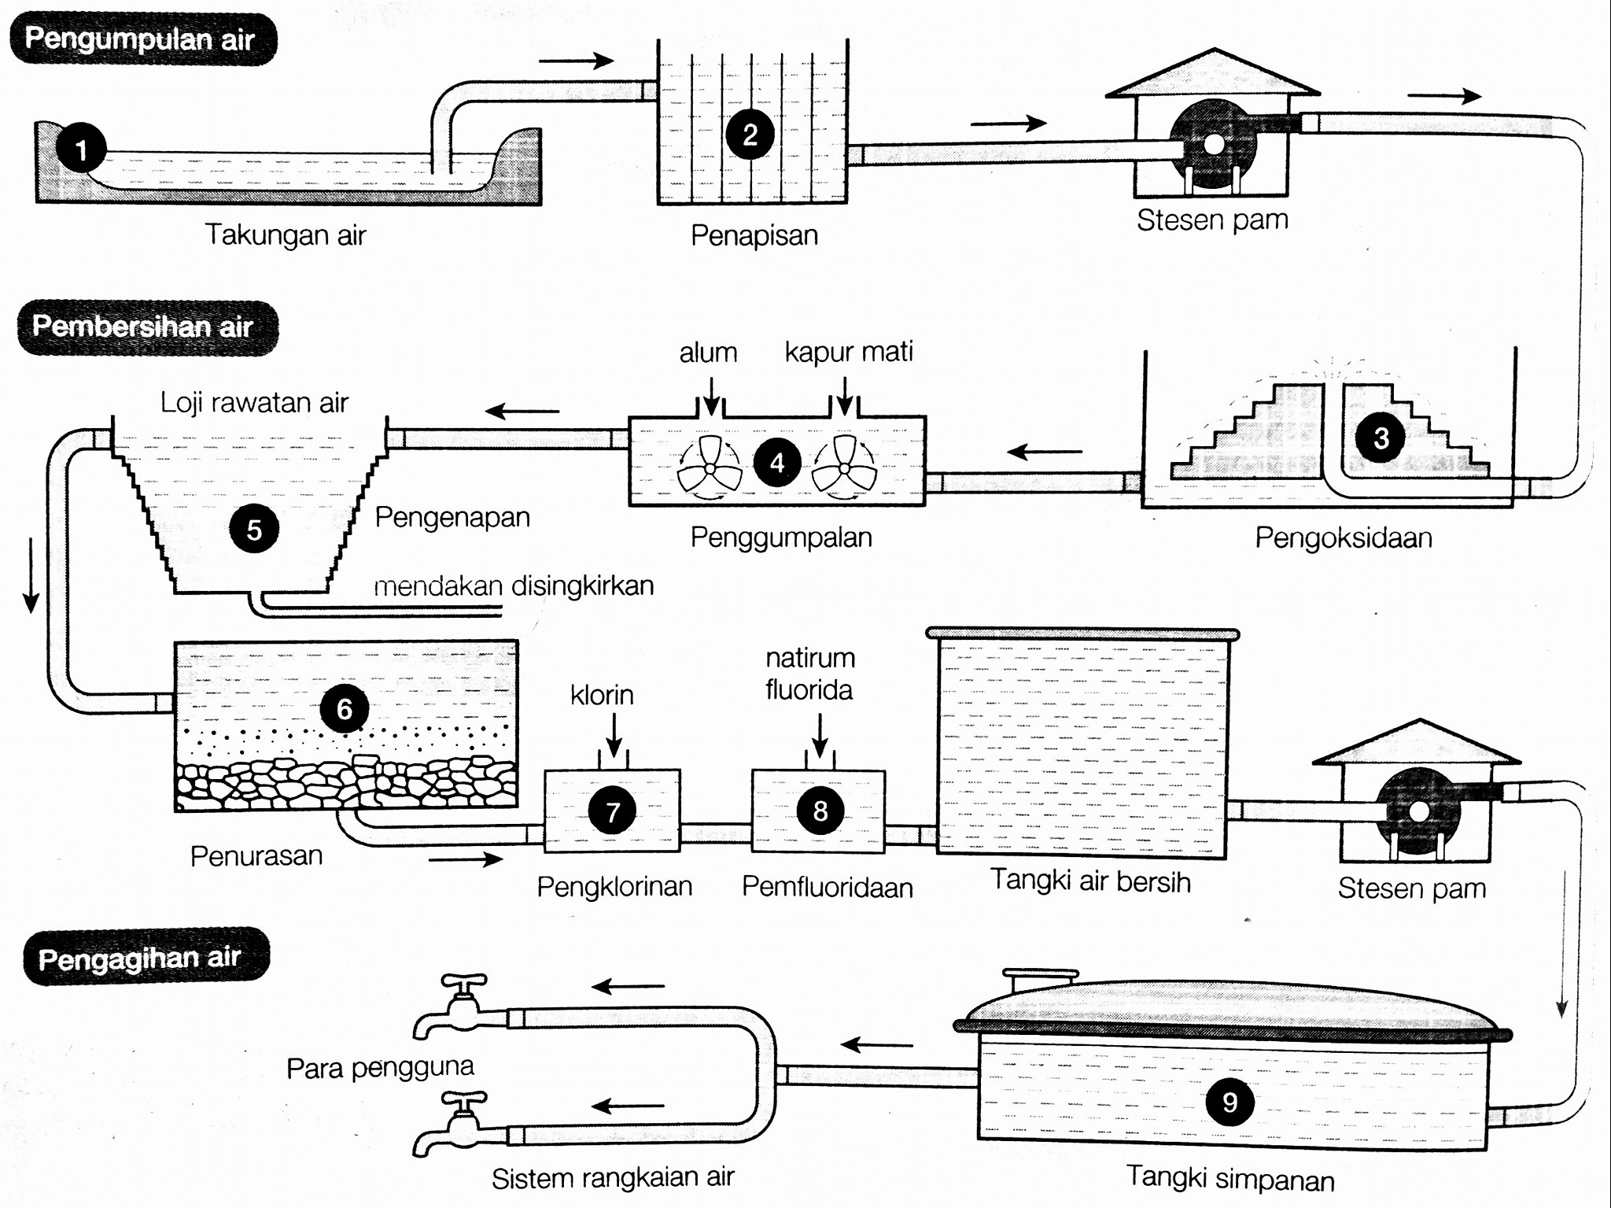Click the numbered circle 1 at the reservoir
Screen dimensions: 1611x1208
[80, 147]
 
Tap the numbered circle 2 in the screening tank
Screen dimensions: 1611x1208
[750, 135]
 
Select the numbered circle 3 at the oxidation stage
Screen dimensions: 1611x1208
[1381, 438]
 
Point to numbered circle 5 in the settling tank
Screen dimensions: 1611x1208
[254, 529]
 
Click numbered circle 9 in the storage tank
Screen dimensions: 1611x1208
[1229, 1102]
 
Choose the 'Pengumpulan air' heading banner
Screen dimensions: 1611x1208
[142, 39]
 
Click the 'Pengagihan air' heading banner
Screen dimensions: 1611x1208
[146, 957]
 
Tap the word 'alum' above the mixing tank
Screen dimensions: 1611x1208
[708, 353]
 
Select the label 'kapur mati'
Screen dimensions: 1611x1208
[849, 352]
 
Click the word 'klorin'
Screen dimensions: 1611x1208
[602, 695]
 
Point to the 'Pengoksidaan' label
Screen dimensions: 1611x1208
[1344, 538]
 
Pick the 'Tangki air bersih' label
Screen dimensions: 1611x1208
[1090, 881]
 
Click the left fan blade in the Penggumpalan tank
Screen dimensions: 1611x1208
[709, 467]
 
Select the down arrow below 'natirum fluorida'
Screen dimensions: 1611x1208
[820, 736]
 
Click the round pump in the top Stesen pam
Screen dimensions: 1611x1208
[1212, 144]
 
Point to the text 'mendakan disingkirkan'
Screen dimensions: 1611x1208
[514, 586]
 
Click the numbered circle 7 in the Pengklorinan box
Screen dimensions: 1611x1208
[612, 811]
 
